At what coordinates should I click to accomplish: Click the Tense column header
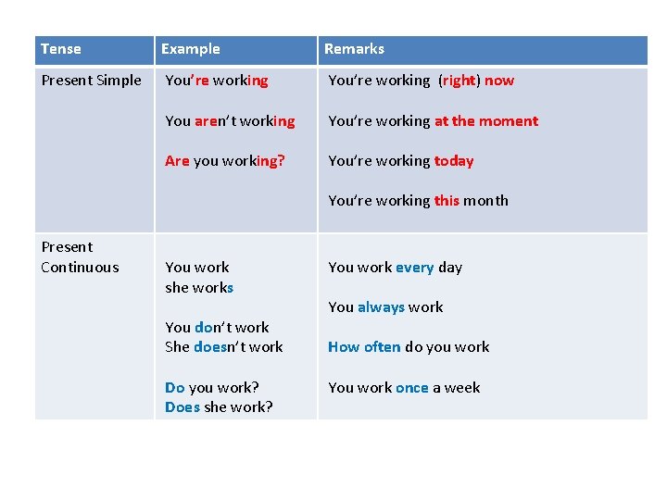click(x=61, y=49)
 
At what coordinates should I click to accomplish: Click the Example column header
click(x=190, y=49)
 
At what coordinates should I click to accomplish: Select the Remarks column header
click(x=354, y=49)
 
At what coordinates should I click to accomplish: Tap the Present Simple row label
click(x=91, y=81)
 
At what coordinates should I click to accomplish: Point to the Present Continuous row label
click(x=80, y=257)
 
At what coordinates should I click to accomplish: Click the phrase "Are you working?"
click(x=225, y=161)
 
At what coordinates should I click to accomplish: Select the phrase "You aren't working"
click(x=230, y=121)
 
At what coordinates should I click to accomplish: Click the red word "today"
click(x=454, y=161)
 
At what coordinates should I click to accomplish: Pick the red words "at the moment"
click(x=486, y=121)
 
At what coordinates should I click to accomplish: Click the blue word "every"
click(x=414, y=268)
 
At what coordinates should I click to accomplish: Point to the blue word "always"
click(x=381, y=307)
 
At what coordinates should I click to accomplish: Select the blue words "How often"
click(x=364, y=347)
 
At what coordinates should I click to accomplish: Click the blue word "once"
click(x=411, y=388)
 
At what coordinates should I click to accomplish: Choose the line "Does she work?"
click(x=219, y=407)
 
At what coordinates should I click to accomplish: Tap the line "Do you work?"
click(x=212, y=388)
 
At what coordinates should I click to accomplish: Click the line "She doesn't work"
click(x=224, y=347)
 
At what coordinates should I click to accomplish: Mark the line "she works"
click(x=199, y=288)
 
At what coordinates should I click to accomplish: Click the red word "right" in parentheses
click(x=459, y=81)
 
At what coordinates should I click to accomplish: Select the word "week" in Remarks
click(x=462, y=388)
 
